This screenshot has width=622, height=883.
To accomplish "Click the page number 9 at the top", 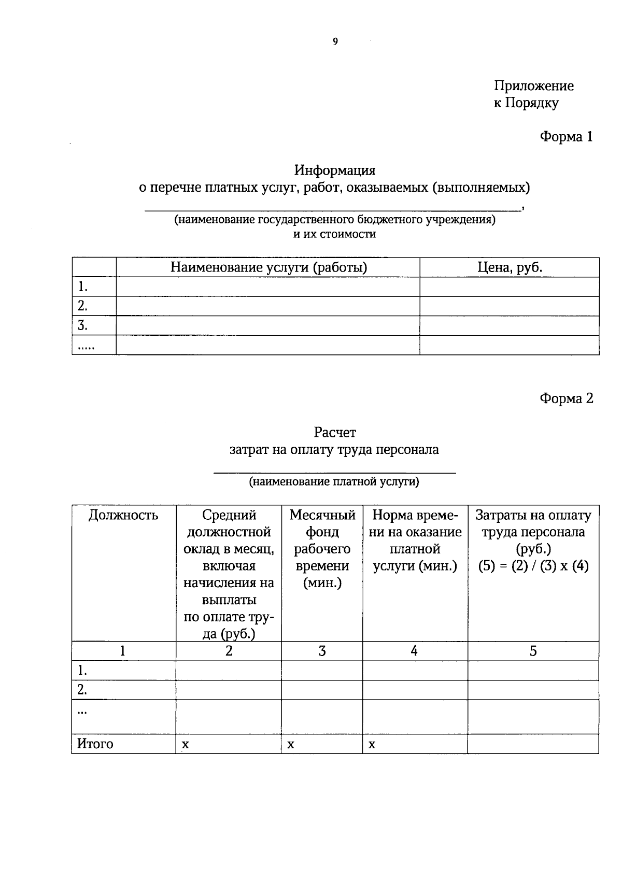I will click(x=335, y=42).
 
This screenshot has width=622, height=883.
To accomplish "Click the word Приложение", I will click(x=533, y=86).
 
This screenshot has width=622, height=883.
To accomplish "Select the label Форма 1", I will click(x=566, y=137).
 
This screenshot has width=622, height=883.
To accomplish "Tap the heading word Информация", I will click(x=335, y=170).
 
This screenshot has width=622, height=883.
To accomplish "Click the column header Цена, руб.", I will click(x=510, y=267).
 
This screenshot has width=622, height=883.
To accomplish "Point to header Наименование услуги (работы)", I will click(x=268, y=267).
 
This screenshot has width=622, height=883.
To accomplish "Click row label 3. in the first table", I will click(x=82, y=325).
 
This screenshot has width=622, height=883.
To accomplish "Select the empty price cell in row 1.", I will click(x=510, y=287).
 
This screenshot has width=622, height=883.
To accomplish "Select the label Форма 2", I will click(x=566, y=398).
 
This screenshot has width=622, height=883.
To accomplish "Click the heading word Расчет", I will click(x=335, y=432).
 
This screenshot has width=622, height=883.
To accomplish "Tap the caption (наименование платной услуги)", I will click(x=334, y=482).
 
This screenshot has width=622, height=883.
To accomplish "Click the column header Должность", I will click(x=123, y=515).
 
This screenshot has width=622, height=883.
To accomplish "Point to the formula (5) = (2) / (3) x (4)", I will click(x=533, y=566).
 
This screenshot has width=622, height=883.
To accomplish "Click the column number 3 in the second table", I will click(x=322, y=651).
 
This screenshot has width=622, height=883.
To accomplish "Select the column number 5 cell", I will click(x=533, y=651).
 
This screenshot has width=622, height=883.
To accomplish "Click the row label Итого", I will click(x=95, y=744).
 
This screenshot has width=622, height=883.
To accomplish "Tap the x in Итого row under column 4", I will click(x=372, y=745).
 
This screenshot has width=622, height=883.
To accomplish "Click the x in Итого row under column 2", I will click(x=185, y=745).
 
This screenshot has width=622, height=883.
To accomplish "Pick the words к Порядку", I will click(x=526, y=103).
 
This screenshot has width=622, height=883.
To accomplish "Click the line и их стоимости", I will click(x=335, y=234).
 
